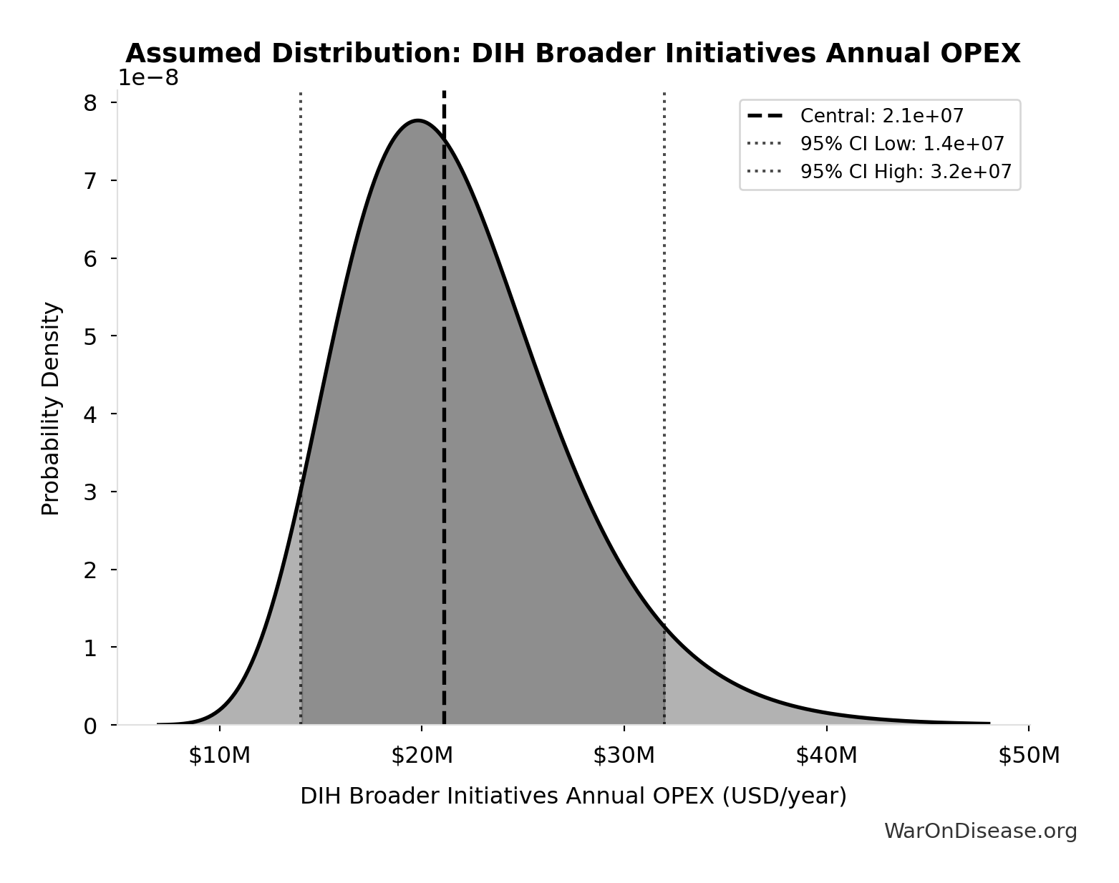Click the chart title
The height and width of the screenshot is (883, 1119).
(573, 54)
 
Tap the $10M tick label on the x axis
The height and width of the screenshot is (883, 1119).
(219, 755)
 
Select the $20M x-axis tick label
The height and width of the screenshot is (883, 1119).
(422, 755)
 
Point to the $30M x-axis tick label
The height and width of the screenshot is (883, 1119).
(624, 755)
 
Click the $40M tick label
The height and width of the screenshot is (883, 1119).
(826, 755)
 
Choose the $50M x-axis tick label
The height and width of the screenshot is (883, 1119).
(1029, 755)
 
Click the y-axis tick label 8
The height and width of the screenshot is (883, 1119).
(90, 103)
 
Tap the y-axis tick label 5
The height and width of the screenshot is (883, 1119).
(90, 336)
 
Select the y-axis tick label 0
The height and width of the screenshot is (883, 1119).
(90, 726)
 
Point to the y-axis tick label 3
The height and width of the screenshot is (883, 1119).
(90, 492)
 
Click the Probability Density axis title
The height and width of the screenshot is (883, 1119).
(51, 409)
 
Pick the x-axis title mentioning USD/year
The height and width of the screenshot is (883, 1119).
(573, 796)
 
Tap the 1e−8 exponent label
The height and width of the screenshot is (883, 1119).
(148, 77)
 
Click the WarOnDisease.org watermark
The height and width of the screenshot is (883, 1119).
(980, 831)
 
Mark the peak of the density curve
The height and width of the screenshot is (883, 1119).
(418, 120)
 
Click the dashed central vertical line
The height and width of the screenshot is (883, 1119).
(444, 429)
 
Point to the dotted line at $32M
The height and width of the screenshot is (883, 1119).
(664, 358)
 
